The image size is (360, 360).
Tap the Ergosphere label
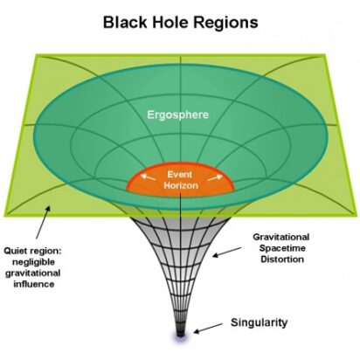(181, 114)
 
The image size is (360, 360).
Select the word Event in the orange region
(181, 175)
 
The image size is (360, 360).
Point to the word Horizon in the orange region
(181, 187)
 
